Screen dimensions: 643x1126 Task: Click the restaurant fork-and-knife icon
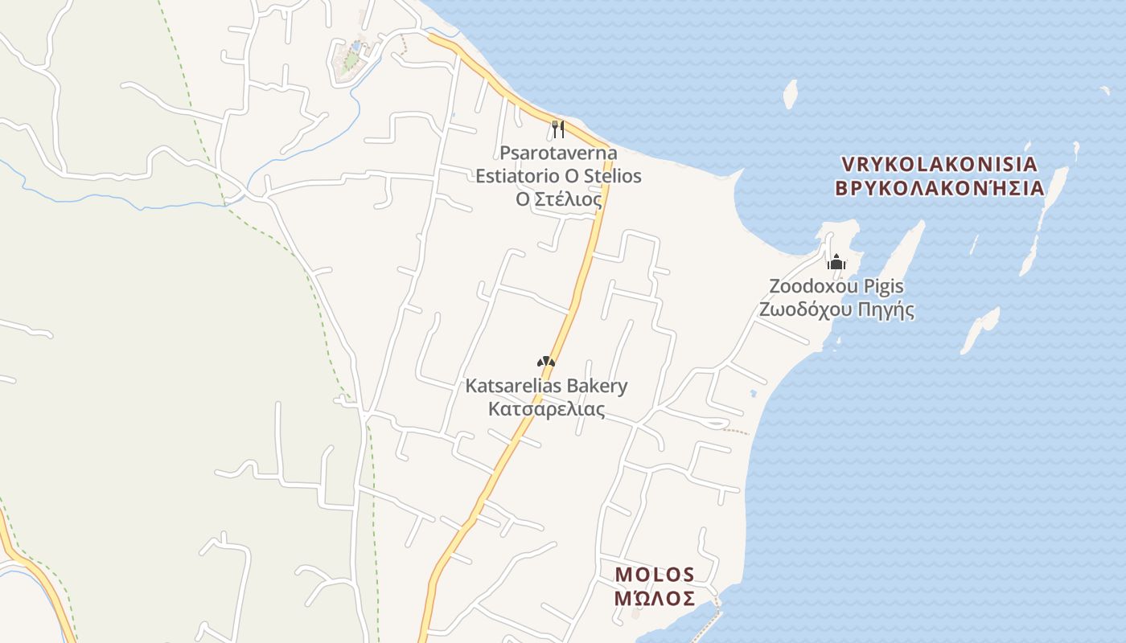tap(558, 129)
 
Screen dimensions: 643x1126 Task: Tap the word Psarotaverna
tap(558, 153)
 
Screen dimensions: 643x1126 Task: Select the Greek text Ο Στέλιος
tap(558, 198)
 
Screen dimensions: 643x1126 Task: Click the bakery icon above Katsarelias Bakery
tap(546, 362)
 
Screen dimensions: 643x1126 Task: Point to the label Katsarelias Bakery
tap(546, 386)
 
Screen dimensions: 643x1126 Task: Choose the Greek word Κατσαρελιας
tap(546, 409)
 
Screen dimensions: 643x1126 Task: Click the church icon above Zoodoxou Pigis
tap(836, 262)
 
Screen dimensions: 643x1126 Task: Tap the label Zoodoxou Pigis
tap(836, 286)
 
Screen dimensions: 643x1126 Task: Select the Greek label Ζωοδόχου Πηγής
tap(836, 309)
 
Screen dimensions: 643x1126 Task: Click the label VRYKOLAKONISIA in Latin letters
tap(939, 164)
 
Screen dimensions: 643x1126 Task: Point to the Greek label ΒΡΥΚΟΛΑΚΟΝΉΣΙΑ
tap(939, 188)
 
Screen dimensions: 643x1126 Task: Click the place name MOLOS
tap(654, 575)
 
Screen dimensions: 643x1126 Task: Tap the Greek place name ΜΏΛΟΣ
tap(654, 598)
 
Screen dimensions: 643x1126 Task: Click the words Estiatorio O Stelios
tap(558, 175)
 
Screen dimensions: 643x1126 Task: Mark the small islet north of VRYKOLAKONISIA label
tap(790, 94)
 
